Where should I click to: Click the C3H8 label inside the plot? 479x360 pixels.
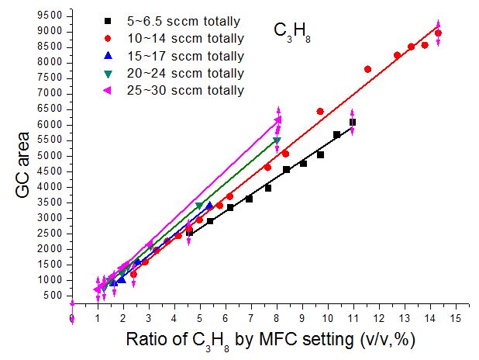[x=292, y=32]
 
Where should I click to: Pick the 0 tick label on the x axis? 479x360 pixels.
[x=72, y=319]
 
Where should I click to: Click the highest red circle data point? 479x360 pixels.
[x=438, y=33]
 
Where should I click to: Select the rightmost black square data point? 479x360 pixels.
[x=353, y=123]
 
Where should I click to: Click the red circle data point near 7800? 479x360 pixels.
[x=367, y=69]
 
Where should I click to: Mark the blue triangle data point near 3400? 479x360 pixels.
[x=209, y=205]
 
